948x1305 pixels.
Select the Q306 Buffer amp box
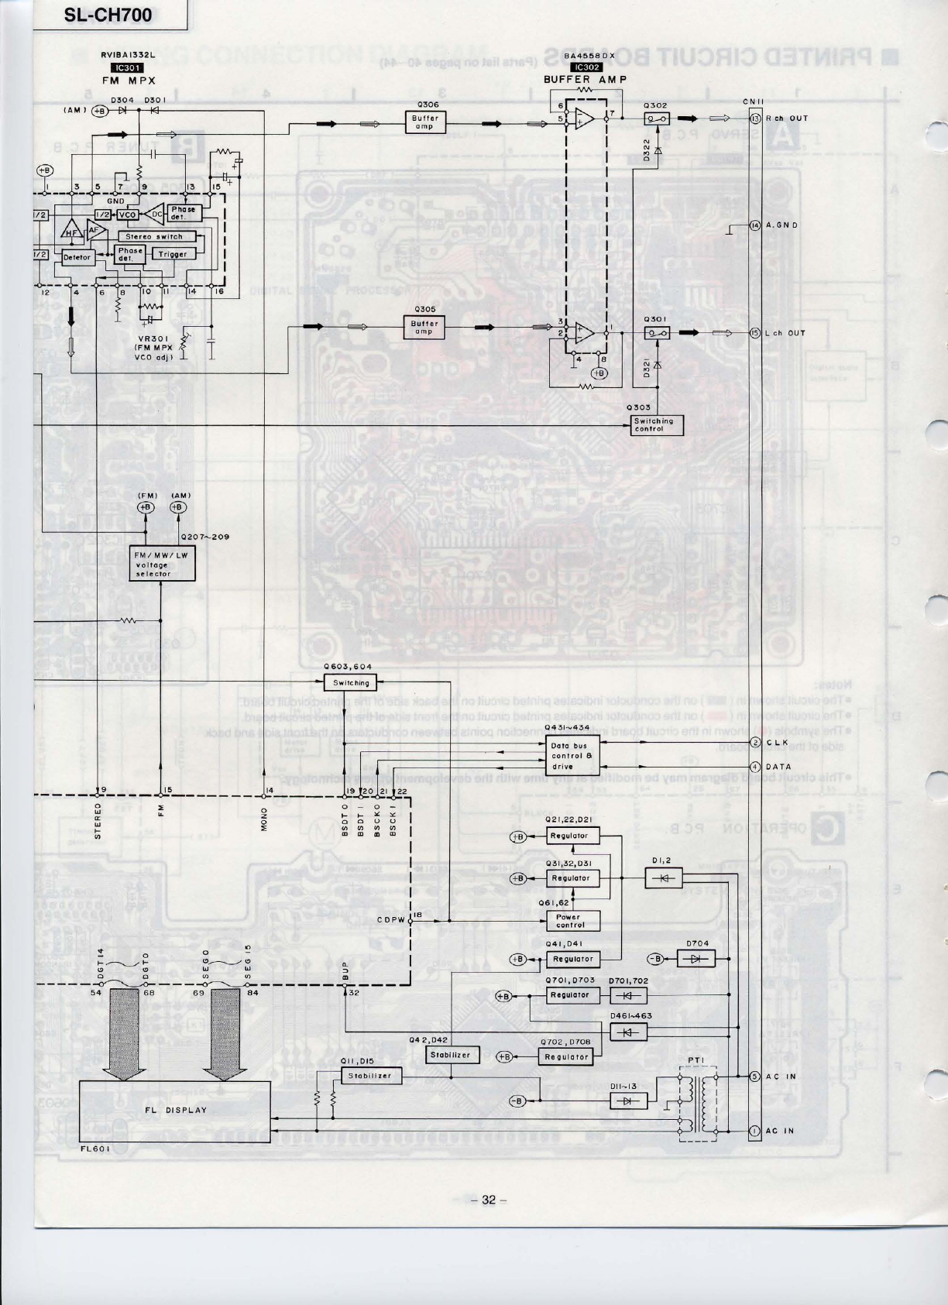pos(424,122)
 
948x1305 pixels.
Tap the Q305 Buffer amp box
pos(424,328)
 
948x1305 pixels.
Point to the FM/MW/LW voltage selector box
pos(162,565)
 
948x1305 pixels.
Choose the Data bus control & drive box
pos(572,756)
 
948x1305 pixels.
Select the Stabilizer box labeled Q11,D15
pos(371,1076)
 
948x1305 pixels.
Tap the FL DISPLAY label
pos(176,1110)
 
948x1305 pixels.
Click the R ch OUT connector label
pos(786,118)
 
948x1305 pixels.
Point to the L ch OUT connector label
pos(785,333)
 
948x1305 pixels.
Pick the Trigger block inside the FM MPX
pos(173,254)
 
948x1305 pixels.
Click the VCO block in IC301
pos(128,214)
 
